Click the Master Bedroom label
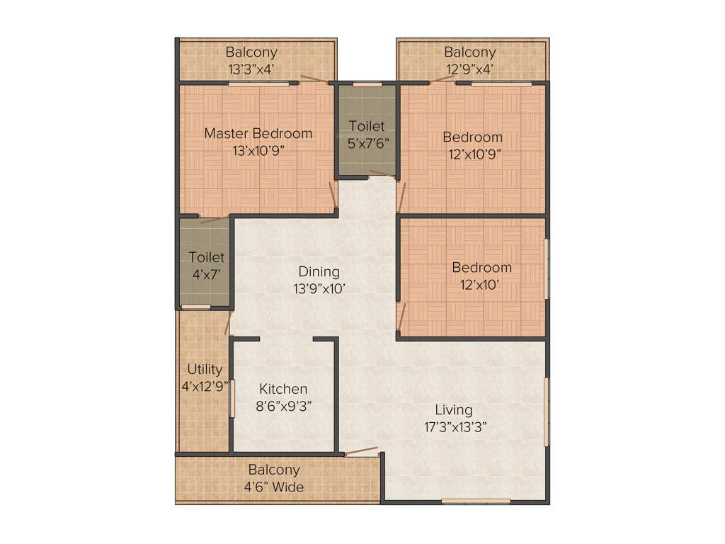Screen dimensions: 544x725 (x=258, y=133)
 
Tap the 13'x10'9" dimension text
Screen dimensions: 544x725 (x=258, y=150)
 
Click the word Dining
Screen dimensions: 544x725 (x=319, y=271)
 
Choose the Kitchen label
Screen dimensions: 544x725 (x=283, y=389)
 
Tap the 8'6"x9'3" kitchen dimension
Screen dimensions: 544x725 (x=283, y=406)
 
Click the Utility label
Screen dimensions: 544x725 (x=205, y=369)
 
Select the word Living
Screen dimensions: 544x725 (x=453, y=410)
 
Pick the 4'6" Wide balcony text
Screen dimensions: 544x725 (x=274, y=487)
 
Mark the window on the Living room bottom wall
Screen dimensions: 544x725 (x=475, y=501)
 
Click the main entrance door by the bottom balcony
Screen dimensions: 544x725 (x=360, y=452)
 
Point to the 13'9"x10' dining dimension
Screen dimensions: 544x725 (x=319, y=288)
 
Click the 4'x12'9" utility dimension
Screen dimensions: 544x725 (x=205, y=386)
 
